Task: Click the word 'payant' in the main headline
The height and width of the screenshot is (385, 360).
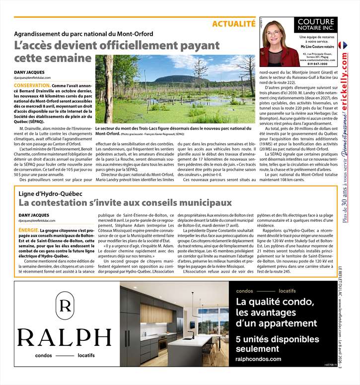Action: pyautogui.click(x=192, y=46)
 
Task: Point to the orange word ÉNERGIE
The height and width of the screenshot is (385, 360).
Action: pyautogui.click(x=28, y=231)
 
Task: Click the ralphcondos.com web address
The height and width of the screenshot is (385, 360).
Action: pyautogui.click(x=258, y=359)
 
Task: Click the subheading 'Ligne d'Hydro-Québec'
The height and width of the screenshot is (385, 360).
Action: pyautogui.click(x=50, y=193)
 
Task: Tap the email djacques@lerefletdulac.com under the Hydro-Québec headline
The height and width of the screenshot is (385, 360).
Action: pyautogui.click(x=37, y=220)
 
